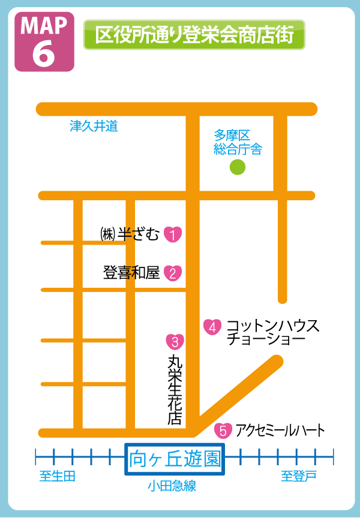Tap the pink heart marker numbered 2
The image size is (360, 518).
pos(173,273)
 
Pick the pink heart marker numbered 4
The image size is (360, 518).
pos(212,327)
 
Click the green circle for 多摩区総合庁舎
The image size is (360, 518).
pos(238,167)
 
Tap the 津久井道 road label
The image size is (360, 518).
pos(94,126)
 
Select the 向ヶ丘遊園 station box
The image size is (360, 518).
pos(174,460)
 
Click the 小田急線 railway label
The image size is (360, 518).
pos(172,486)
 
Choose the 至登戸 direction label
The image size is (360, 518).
pos(299,477)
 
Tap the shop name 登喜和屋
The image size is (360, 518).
pos(131,273)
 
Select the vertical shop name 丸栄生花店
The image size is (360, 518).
pos(175,390)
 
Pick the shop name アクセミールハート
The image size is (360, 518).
pos(280,430)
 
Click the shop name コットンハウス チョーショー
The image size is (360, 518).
pos(273,332)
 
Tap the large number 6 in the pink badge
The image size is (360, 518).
pos(44,53)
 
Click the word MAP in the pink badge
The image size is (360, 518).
pos(44,26)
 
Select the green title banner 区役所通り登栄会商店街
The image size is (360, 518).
pos(194,35)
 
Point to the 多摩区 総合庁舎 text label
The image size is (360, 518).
pos(238,141)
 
